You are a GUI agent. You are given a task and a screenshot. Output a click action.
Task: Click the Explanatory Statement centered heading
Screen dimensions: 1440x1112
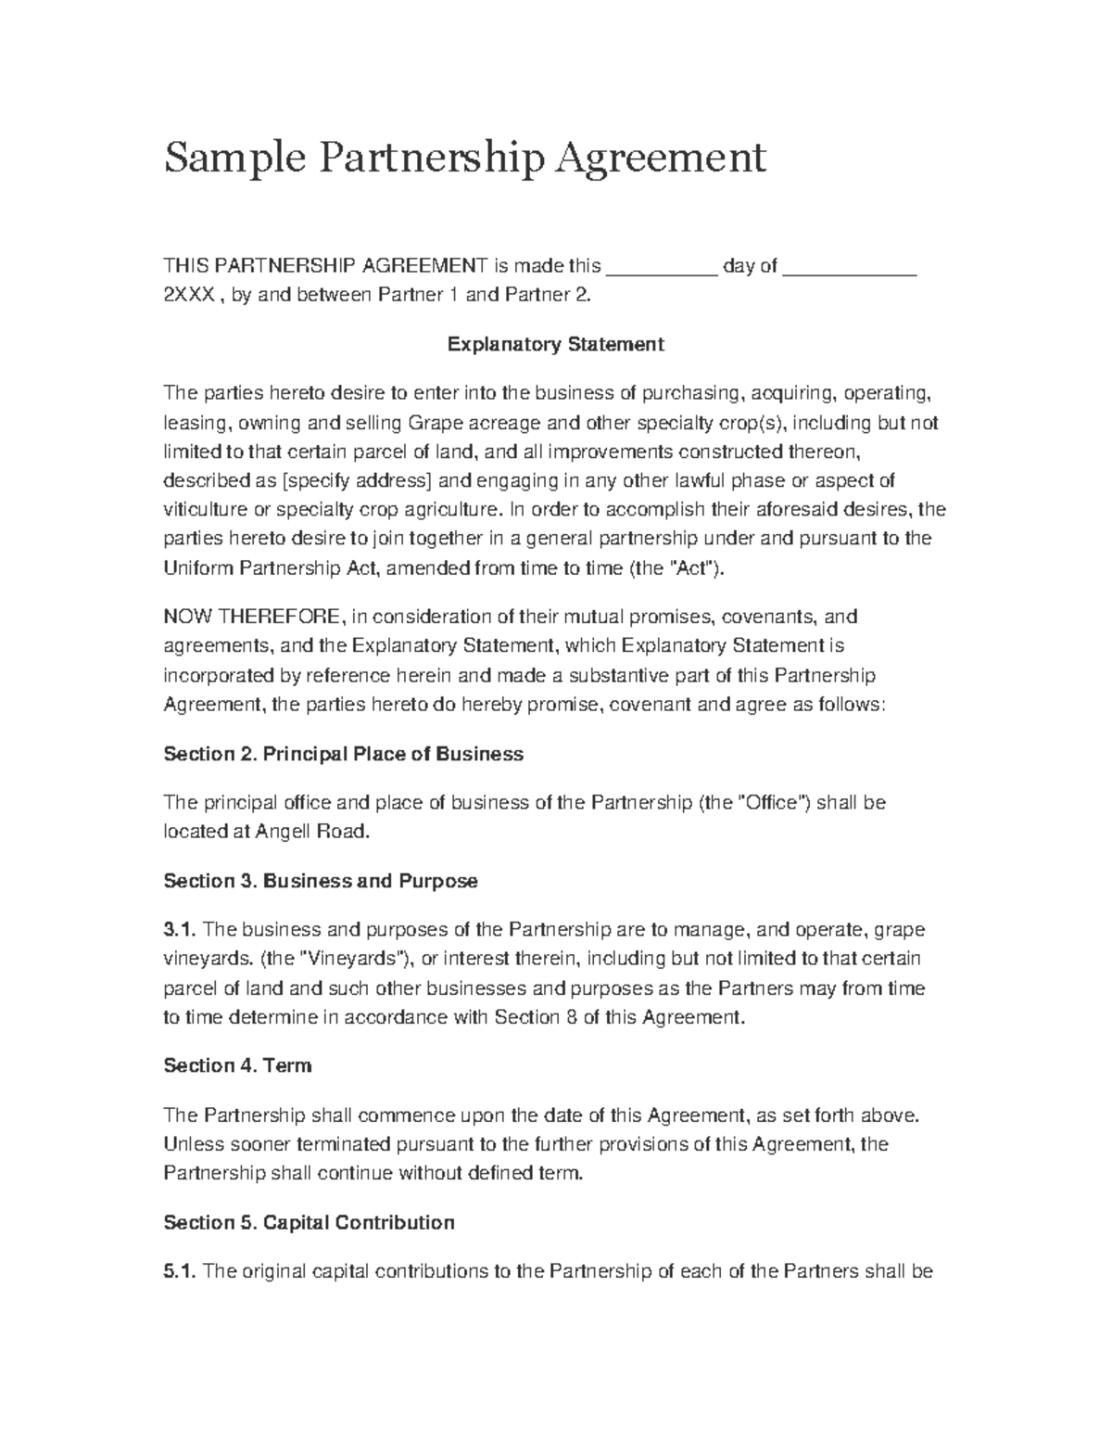click(x=556, y=345)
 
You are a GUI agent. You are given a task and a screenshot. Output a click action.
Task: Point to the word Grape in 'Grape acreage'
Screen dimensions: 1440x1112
click(x=432, y=424)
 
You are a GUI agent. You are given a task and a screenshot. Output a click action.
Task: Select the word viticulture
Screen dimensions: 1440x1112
click(x=205, y=510)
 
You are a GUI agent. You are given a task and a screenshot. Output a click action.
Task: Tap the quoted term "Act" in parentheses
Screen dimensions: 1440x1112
click(x=691, y=568)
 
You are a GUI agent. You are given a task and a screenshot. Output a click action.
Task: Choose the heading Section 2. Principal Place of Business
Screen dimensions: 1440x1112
click(x=343, y=754)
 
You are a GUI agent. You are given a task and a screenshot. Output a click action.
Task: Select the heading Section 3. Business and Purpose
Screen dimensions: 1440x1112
click(x=321, y=881)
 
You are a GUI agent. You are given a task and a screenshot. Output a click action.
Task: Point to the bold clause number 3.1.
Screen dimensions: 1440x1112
click(x=179, y=929)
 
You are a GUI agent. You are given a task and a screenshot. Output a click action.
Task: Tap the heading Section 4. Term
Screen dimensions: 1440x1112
click(x=237, y=1065)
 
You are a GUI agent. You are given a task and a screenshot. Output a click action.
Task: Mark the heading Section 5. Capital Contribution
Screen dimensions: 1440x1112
click(x=309, y=1222)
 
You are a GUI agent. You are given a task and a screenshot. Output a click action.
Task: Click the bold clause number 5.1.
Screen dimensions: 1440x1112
click(x=179, y=1271)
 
